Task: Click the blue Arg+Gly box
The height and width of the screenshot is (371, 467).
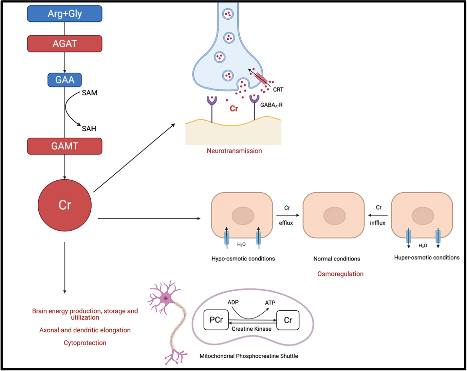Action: coord(64,14)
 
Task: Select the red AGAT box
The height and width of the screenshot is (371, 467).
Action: coord(64,44)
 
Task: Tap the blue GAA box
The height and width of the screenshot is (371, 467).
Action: coord(64,80)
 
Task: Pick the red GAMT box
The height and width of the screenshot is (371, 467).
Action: coord(64,146)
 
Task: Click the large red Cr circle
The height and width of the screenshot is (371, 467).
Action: coord(64,205)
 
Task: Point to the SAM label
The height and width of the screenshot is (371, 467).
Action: coord(90,93)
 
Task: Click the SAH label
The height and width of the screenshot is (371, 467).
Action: coord(89,129)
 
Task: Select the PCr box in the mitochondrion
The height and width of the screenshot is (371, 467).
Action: coord(216,320)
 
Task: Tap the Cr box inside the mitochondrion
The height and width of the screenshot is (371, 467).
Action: coord(288,320)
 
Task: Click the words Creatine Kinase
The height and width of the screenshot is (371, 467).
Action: coord(251,329)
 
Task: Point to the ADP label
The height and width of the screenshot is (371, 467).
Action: coord(233,302)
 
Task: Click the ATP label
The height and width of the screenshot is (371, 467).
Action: coord(270,303)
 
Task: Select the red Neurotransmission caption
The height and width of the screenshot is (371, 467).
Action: coord(234,151)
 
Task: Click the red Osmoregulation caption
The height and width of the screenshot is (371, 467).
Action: coord(340,274)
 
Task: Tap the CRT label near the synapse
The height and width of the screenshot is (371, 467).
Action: coord(278,90)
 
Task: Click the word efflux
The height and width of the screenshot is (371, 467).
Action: coord(286,223)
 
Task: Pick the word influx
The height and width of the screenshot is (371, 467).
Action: coord(377,223)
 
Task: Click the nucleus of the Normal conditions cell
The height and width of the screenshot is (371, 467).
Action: coord(334,216)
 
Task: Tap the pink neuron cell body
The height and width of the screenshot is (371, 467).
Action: coord(166,298)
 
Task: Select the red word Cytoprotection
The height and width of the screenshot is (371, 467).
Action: coord(85,343)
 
